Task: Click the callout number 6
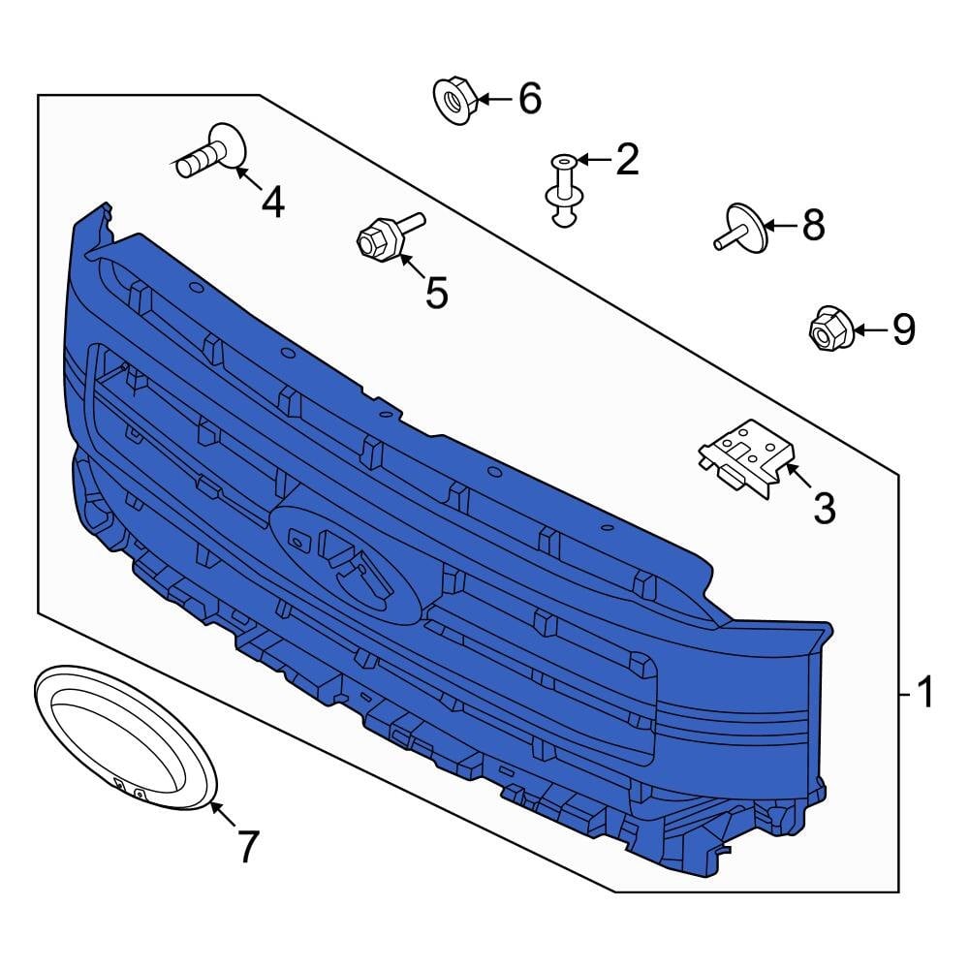tap(530, 98)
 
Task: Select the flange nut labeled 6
tap(454, 100)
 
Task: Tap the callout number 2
tap(627, 160)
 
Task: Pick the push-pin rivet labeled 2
tap(565, 190)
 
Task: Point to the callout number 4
tap(272, 203)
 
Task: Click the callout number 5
tap(436, 293)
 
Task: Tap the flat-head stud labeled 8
tap(741, 228)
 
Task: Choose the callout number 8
tap(814, 225)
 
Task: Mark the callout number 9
tap(903, 329)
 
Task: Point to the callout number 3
tap(825, 508)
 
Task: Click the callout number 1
tap(924, 692)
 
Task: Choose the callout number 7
tap(247, 847)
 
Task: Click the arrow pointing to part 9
tap(870, 330)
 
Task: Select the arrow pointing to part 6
tap(494, 99)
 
